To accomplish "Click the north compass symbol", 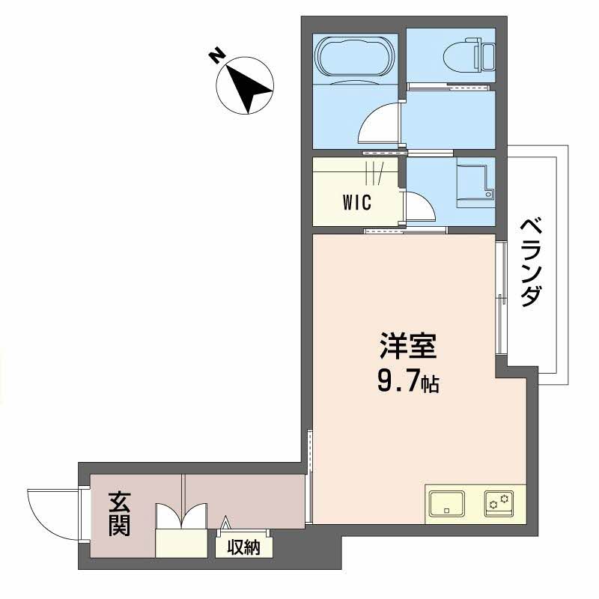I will (x=245, y=87).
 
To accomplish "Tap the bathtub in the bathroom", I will (x=355, y=57).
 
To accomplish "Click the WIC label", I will (x=356, y=202).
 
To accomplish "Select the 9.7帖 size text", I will (x=407, y=383).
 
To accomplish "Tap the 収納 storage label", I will (x=244, y=547).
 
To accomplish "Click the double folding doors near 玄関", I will (x=180, y=517).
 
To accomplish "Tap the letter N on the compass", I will (x=216, y=56).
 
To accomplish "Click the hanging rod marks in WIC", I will (x=374, y=174).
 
